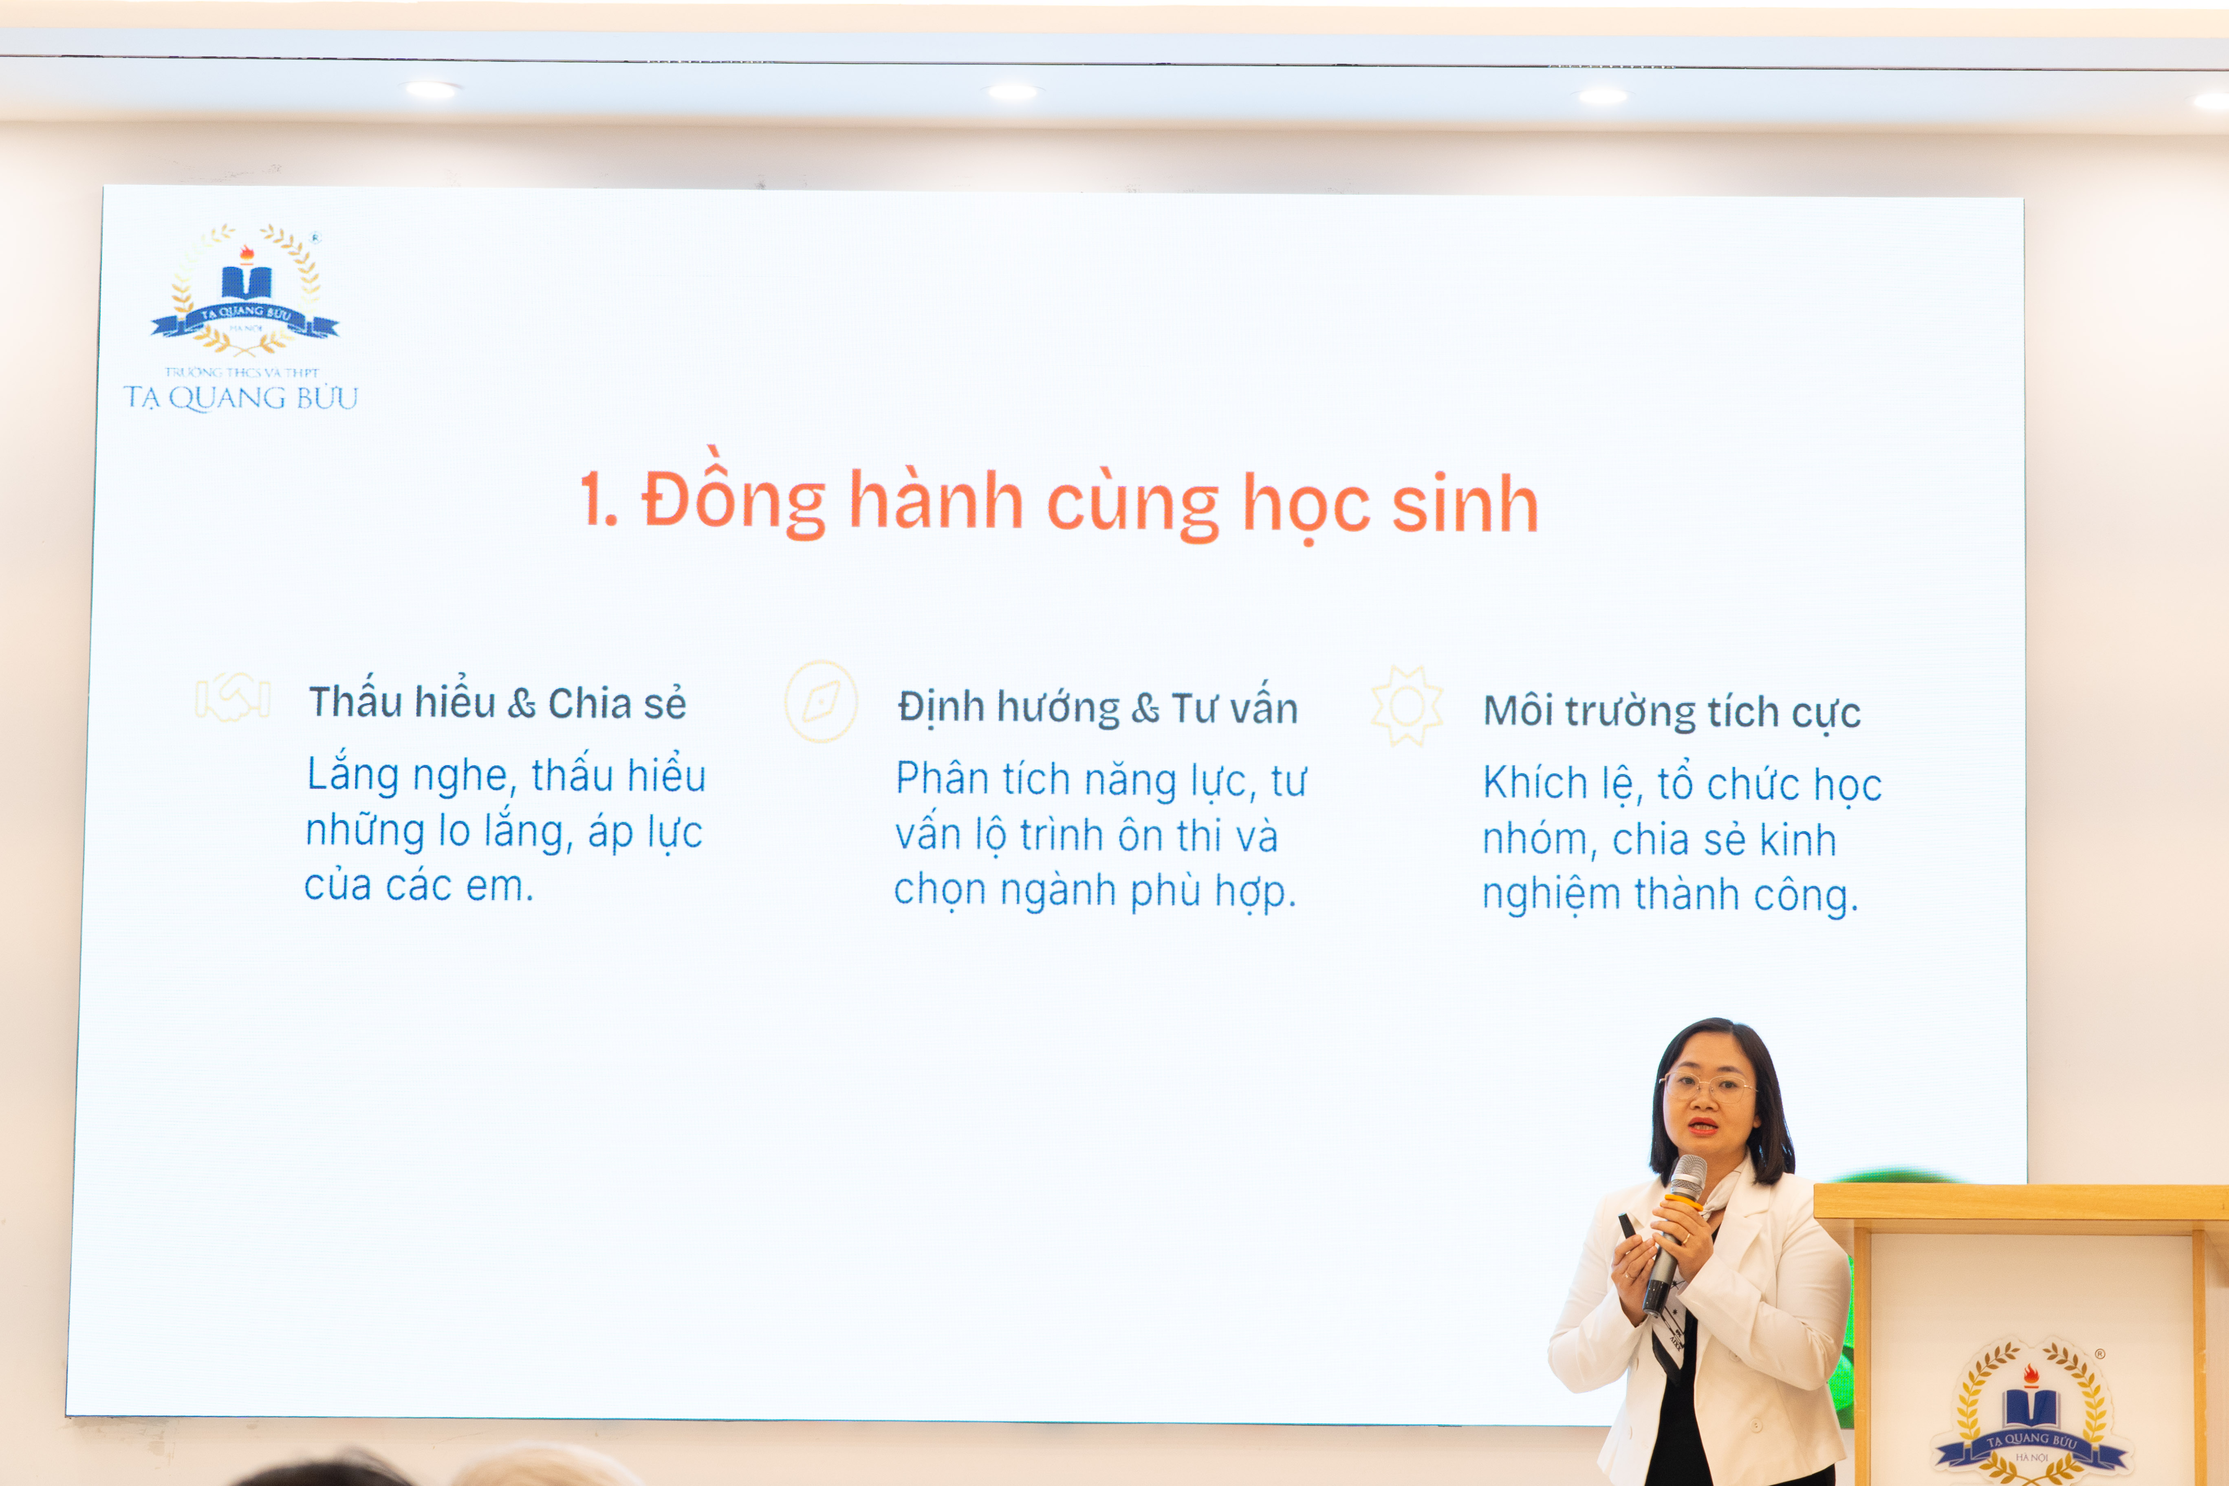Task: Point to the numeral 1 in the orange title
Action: pyautogui.click(x=597, y=500)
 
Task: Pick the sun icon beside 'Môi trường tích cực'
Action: pyautogui.click(x=1406, y=706)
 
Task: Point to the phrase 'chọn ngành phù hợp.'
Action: pyautogui.click(x=1095, y=891)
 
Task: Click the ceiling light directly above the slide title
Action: pyautogui.click(x=1012, y=92)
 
